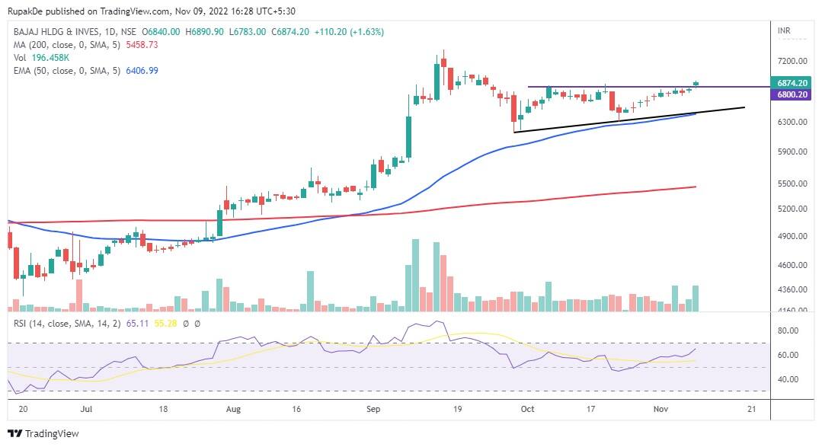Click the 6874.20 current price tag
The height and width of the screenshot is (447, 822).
[792, 82]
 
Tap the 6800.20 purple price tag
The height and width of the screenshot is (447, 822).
[792, 94]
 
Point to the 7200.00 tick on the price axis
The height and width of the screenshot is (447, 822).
[792, 61]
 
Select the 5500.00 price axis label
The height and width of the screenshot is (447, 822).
[792, 184]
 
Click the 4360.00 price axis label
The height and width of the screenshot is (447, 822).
[792, 289]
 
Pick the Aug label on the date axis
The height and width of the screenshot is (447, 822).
[234, 409]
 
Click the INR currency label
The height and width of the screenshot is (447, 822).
[783, 31]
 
